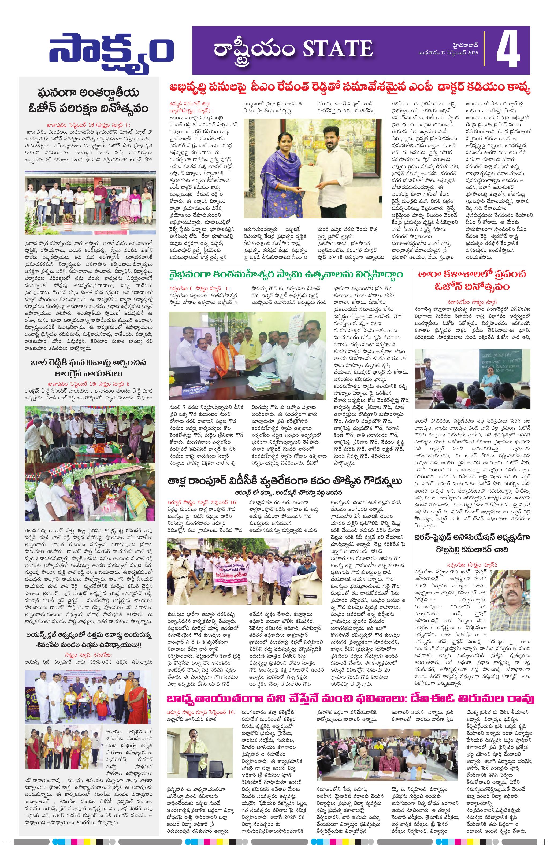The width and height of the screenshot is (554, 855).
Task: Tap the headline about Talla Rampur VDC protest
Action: tap(285, 481)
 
